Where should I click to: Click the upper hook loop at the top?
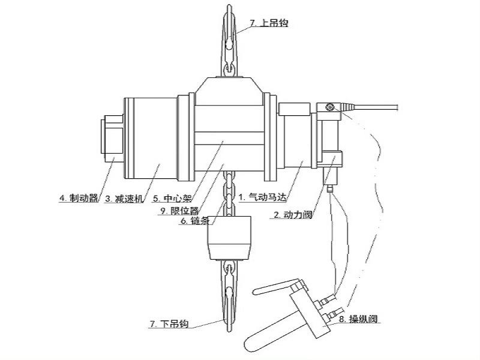[x=229, y=30]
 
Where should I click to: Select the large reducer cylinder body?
[x=150, y=138]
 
